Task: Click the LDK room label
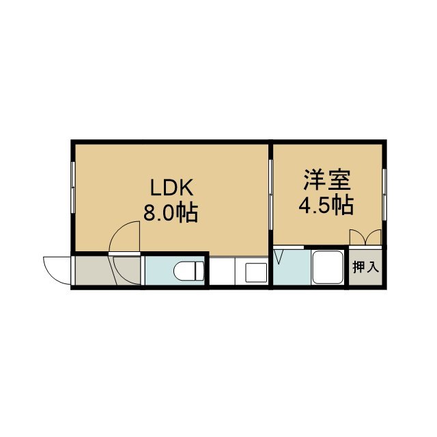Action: click(x=171, y=188)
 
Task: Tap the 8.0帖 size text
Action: click(x=171, y=212)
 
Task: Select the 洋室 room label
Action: click(x=327, y=180)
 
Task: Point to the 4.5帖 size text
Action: click(x=326, y=206)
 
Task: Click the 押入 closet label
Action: click(x=366, y=267)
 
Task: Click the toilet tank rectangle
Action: click(x=199, y=271)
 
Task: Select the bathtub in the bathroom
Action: click(x=328, y=267)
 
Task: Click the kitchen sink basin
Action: click(x=253, y=272)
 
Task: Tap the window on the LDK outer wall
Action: click(x=73, y=188)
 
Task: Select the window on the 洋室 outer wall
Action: click(x=384, y=194)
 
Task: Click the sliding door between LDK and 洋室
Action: click(x=270, y=194)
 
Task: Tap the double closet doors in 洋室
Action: click(x=365, y=237)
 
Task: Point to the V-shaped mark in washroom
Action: click(x=279, y=257)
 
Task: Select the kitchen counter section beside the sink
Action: click(x=222, y=271)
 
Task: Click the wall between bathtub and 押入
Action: click(x=347, y=267)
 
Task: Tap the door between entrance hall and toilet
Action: click(x=143, y=270)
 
